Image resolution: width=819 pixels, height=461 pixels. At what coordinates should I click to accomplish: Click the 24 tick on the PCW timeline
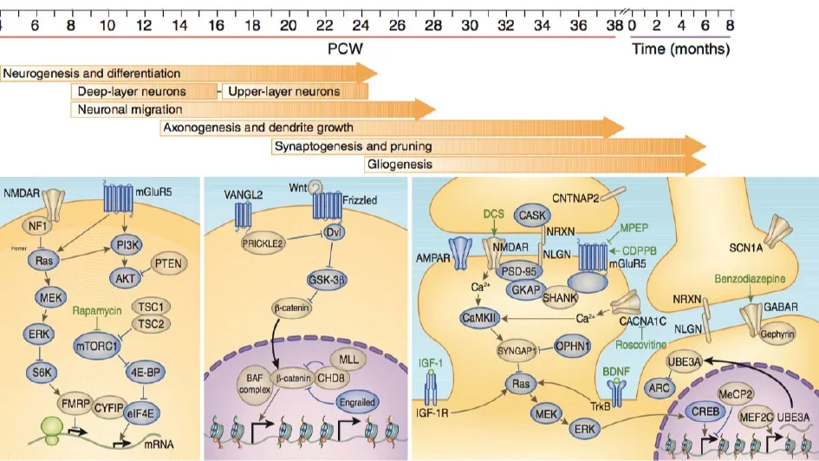(x=361, y=25)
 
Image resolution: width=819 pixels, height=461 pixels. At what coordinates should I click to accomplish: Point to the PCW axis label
(x=345, y=49)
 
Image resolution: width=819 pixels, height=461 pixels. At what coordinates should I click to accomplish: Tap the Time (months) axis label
(x=680, y=49)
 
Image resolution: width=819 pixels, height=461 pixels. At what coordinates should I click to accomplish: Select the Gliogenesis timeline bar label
(x=400, y=164)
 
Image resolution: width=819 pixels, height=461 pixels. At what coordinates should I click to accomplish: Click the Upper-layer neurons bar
(x=282, y=92)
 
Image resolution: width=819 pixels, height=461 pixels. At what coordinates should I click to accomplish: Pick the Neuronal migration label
(x=130, y=110)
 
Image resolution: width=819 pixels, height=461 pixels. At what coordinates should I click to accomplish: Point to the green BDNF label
(x=617, y=368)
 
